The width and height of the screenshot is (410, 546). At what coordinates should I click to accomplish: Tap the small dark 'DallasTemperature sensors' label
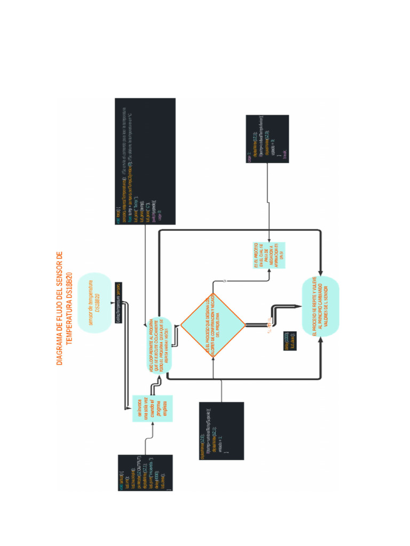pyautogui.click(x=119, y=302)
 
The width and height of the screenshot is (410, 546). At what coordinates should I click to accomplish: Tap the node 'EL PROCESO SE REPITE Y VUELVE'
pyautogui.click(x=320, y=307)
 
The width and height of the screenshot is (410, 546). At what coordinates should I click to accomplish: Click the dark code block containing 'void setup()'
pyautogui.click(x=145, y=472)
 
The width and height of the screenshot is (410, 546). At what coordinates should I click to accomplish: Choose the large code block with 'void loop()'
pyautogui.click(x=145, y=161)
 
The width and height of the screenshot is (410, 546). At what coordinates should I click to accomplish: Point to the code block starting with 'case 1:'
pyautogui.click(x=267, y=139)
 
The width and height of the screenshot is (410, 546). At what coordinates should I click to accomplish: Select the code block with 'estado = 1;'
pyautogui.click(x=221, y=431)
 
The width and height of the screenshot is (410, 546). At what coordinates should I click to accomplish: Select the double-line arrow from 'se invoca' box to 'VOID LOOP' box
pyautogui.click(x=128, y=363)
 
